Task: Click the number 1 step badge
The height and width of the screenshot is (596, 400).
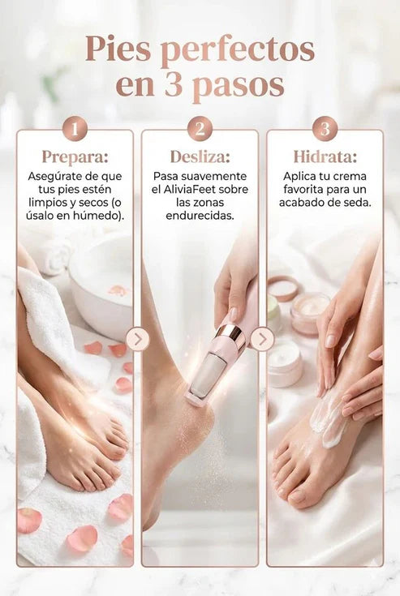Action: (75, 129)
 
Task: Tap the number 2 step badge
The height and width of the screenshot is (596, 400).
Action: (200, 129)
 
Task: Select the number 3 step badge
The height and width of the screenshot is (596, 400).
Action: (325, 129)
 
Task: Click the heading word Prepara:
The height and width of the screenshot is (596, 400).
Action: (75, 157)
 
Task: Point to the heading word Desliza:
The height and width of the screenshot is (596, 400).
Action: (200, 157)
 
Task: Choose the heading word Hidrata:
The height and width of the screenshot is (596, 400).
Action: (325, 157)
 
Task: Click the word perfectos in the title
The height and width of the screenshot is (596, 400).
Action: (237, 49)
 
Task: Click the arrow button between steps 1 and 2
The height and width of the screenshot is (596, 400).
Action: (137, 339)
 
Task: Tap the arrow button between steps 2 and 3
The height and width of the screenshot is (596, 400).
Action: (262, 339)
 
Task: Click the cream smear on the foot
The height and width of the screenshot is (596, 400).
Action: (328, 422)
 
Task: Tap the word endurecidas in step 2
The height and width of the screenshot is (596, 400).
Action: (200, 216)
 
